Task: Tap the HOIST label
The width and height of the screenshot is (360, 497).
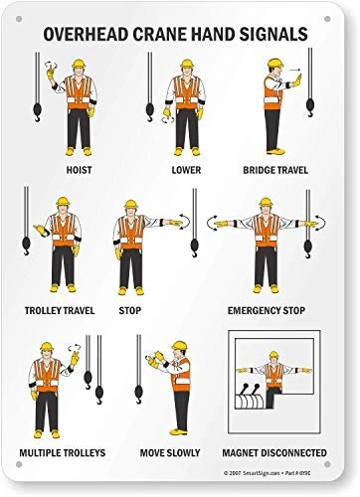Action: click(x=79, y=169)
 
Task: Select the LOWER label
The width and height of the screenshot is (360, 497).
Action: click(x=184, y=169)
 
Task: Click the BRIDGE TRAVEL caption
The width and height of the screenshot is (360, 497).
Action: click(x=276, y=169)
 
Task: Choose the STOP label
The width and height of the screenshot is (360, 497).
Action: click(x=131, y=309)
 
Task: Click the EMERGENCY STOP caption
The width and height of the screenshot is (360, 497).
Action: click(x=267, y=309)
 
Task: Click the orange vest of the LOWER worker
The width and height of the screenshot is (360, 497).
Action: click(x=185, y=92)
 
